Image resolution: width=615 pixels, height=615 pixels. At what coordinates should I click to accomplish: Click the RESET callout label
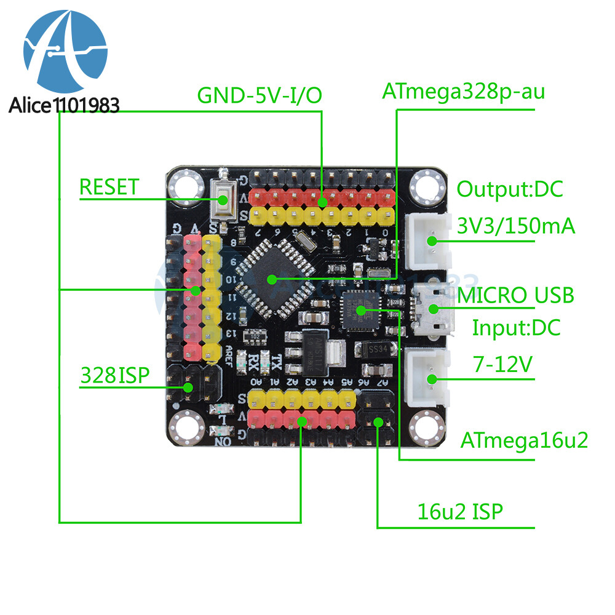[x=109, y=187]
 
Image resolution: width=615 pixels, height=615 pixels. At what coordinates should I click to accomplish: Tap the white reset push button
[x=221, y=200]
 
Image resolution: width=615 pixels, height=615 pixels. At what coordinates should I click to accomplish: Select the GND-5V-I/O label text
[x=260, y=96]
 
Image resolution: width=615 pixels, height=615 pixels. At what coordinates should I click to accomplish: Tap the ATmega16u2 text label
[x=525, y=440]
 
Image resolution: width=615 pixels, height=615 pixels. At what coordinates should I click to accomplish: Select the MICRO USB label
[x=515, y=295]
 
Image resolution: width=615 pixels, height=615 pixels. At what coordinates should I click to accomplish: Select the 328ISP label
[x=114, y=375]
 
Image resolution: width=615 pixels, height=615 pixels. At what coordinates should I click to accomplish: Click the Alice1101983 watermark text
[x=64, y=105]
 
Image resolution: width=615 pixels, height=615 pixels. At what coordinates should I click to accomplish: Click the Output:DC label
[x=509, y=189]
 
